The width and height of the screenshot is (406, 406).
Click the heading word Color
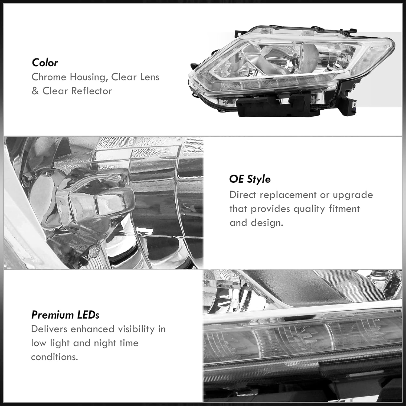tap(45, 63)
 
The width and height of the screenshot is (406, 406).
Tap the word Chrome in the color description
tap(49, 77)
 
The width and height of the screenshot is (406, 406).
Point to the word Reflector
tap(92, 91)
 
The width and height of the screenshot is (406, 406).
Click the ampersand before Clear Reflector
tap(35, 91)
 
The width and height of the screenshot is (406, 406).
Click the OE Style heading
tap(250, 179)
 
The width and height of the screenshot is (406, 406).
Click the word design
tap(267, 223)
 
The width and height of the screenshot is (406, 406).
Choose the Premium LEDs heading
tap(65, 315)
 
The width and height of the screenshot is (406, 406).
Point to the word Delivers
tap(49, 329)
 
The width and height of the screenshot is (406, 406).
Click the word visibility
tap(136, 329)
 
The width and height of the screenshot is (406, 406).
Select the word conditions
tap(54, 357)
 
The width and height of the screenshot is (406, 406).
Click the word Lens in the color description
tap(148, 77)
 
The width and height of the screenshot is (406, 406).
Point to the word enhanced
tap(92, 329)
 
